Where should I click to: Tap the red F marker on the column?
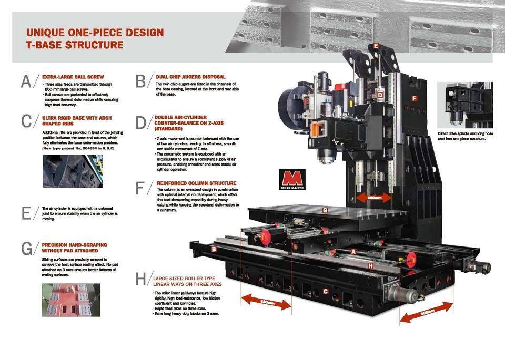tap(414, 98)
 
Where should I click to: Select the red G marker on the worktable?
tap(325, 210)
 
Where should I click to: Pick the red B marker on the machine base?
tap(214, 249)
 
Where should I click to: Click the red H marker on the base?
tap(370, 266)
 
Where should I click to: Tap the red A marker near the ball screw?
tap(353, 252)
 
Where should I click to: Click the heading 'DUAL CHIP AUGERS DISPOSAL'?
tap(190, 77)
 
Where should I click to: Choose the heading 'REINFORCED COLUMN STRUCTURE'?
tap(196, 183)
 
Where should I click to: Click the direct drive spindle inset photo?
tap(468, 105)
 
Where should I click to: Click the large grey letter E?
tap(27, 214)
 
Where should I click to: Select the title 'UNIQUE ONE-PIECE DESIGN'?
tap(95, 33)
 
